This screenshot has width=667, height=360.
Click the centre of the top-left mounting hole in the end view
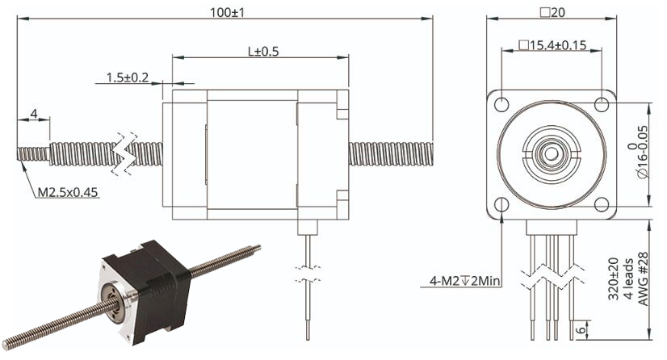(x=502, y=104)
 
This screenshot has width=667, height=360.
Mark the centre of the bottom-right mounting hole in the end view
(x=602, y=204)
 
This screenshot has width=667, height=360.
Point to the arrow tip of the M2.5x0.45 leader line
(x=19, y=161)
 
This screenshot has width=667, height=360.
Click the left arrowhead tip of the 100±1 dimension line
(x=18, y=19)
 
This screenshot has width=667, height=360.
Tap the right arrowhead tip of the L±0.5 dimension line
(x=348, y=57)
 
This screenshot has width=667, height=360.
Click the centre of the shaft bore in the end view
(x=552, y=154)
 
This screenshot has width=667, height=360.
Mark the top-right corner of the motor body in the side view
(x=348, y=90)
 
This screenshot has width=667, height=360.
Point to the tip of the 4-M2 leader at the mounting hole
(x=502, y=212)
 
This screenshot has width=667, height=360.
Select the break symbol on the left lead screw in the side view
(x=124, y=154)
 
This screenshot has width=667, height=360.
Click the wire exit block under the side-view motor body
(x=308, y=227)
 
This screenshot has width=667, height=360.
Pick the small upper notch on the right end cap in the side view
(x=342, y=115)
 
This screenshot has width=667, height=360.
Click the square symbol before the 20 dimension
(x=544, y=12)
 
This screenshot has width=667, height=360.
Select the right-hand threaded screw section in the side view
(x=391, y=154)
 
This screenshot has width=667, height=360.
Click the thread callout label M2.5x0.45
(x=68, y=193)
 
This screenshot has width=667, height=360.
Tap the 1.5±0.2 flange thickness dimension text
(x=128, y=77)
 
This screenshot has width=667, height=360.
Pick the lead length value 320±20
(x=613, y=278)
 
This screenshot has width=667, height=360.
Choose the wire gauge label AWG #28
(x=643, y=278)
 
